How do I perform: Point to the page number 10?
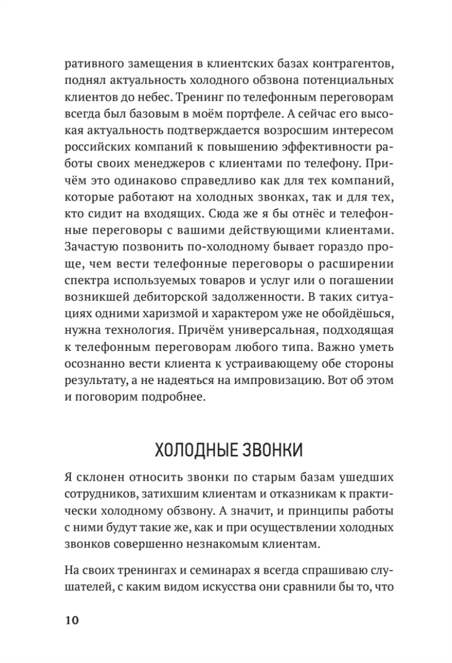72,620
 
